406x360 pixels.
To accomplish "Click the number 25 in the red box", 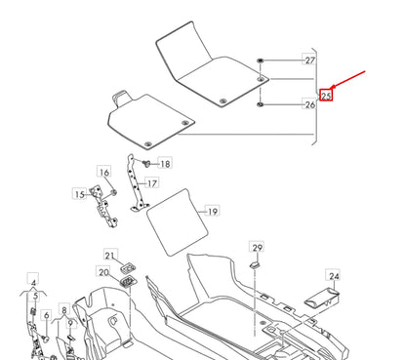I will coord(327,96).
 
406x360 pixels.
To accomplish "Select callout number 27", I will coord(309,60).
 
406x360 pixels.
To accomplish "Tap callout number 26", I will coord(309,105).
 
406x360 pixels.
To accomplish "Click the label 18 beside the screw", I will coord(164,164).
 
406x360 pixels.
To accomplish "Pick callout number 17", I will coord(152,182).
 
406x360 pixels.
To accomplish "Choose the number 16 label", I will coord(103,173).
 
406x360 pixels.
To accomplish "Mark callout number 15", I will coord(79,195).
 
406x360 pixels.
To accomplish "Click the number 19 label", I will coord(213,210).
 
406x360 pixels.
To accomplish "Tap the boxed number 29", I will coord(258,247).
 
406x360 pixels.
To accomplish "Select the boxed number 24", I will coord(333,277).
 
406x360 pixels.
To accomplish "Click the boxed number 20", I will coord(103,272).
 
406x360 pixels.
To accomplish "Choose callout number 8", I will coord(64,311).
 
